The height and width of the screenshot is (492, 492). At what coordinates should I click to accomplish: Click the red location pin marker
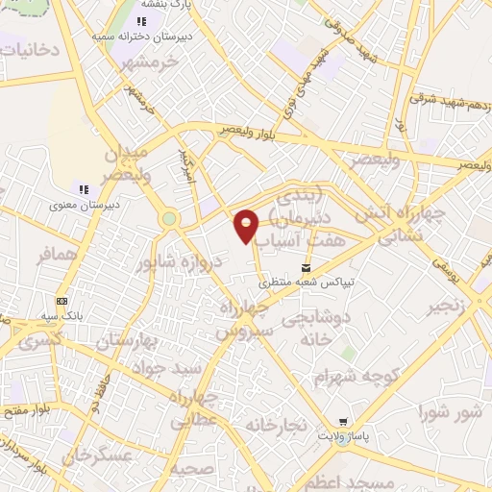click(246, 225)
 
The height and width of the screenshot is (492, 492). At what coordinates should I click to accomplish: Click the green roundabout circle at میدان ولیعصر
click(170, 219)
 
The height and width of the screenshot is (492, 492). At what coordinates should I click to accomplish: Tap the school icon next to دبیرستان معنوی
click(84, 188)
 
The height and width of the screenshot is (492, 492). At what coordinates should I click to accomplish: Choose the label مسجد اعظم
click(364, 480)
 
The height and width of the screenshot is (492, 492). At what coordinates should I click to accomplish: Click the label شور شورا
click(449, 413)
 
